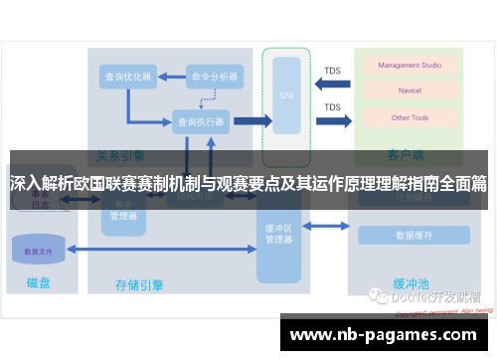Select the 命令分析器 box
coord(215,76)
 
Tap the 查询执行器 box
coord(199,121)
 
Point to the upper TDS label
coord(332,71)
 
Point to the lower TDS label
coord(332,107)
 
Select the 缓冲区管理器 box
coord(278,233)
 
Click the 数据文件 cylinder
coord(40,251)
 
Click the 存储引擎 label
coord(139,285)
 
